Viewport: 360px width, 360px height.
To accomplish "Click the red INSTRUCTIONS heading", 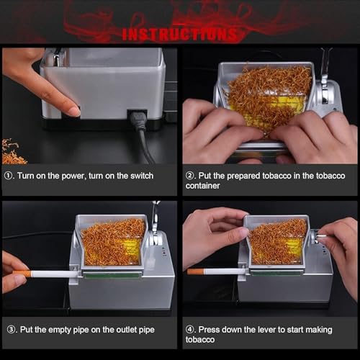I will (179, 34).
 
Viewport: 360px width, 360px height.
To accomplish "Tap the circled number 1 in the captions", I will (9, 174).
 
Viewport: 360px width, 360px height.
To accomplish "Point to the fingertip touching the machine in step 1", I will (73, 111).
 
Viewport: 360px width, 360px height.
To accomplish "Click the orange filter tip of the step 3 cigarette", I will (22, 274).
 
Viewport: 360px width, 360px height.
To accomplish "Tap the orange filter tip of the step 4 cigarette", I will (195, 271).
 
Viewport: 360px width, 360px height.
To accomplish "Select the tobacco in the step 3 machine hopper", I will (112, 241).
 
